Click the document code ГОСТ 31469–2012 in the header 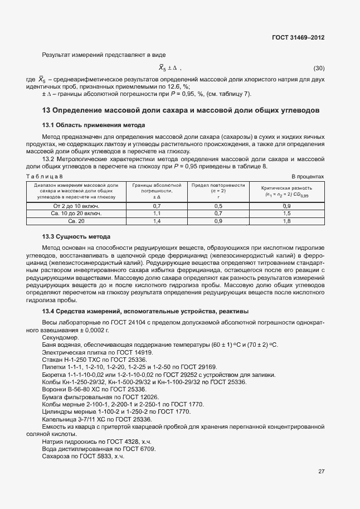point(299,37)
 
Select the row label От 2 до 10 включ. point(76,206)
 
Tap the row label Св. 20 point(76,221)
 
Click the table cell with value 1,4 point(157,221)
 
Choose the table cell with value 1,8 point(287,221)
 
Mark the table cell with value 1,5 point(287,214)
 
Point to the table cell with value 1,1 point(157,214)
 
